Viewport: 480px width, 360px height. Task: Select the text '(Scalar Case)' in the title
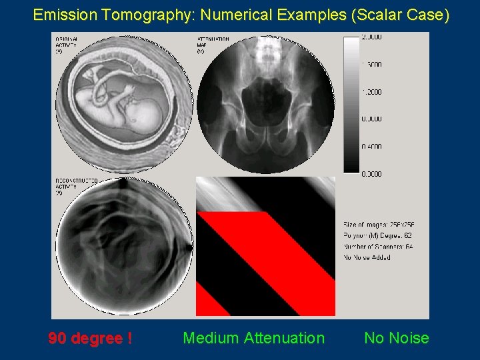click(x=406, y=14)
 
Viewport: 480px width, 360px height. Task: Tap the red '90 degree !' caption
click(x=89, y=339)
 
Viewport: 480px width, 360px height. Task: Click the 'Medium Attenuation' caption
click(x=253, y=339)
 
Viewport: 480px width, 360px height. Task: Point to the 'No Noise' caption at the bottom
click(x=396, y=339)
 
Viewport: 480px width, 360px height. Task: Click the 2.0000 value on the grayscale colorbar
click(x=372, y=37)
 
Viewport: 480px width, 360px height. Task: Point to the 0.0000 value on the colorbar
click(x=372, y=175)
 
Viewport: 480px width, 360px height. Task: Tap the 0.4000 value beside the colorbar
click(x=372, y=147)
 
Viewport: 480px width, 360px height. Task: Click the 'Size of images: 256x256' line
click(x=379, y=225)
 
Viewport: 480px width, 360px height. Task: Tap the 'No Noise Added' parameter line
click(x=367, y=257)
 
